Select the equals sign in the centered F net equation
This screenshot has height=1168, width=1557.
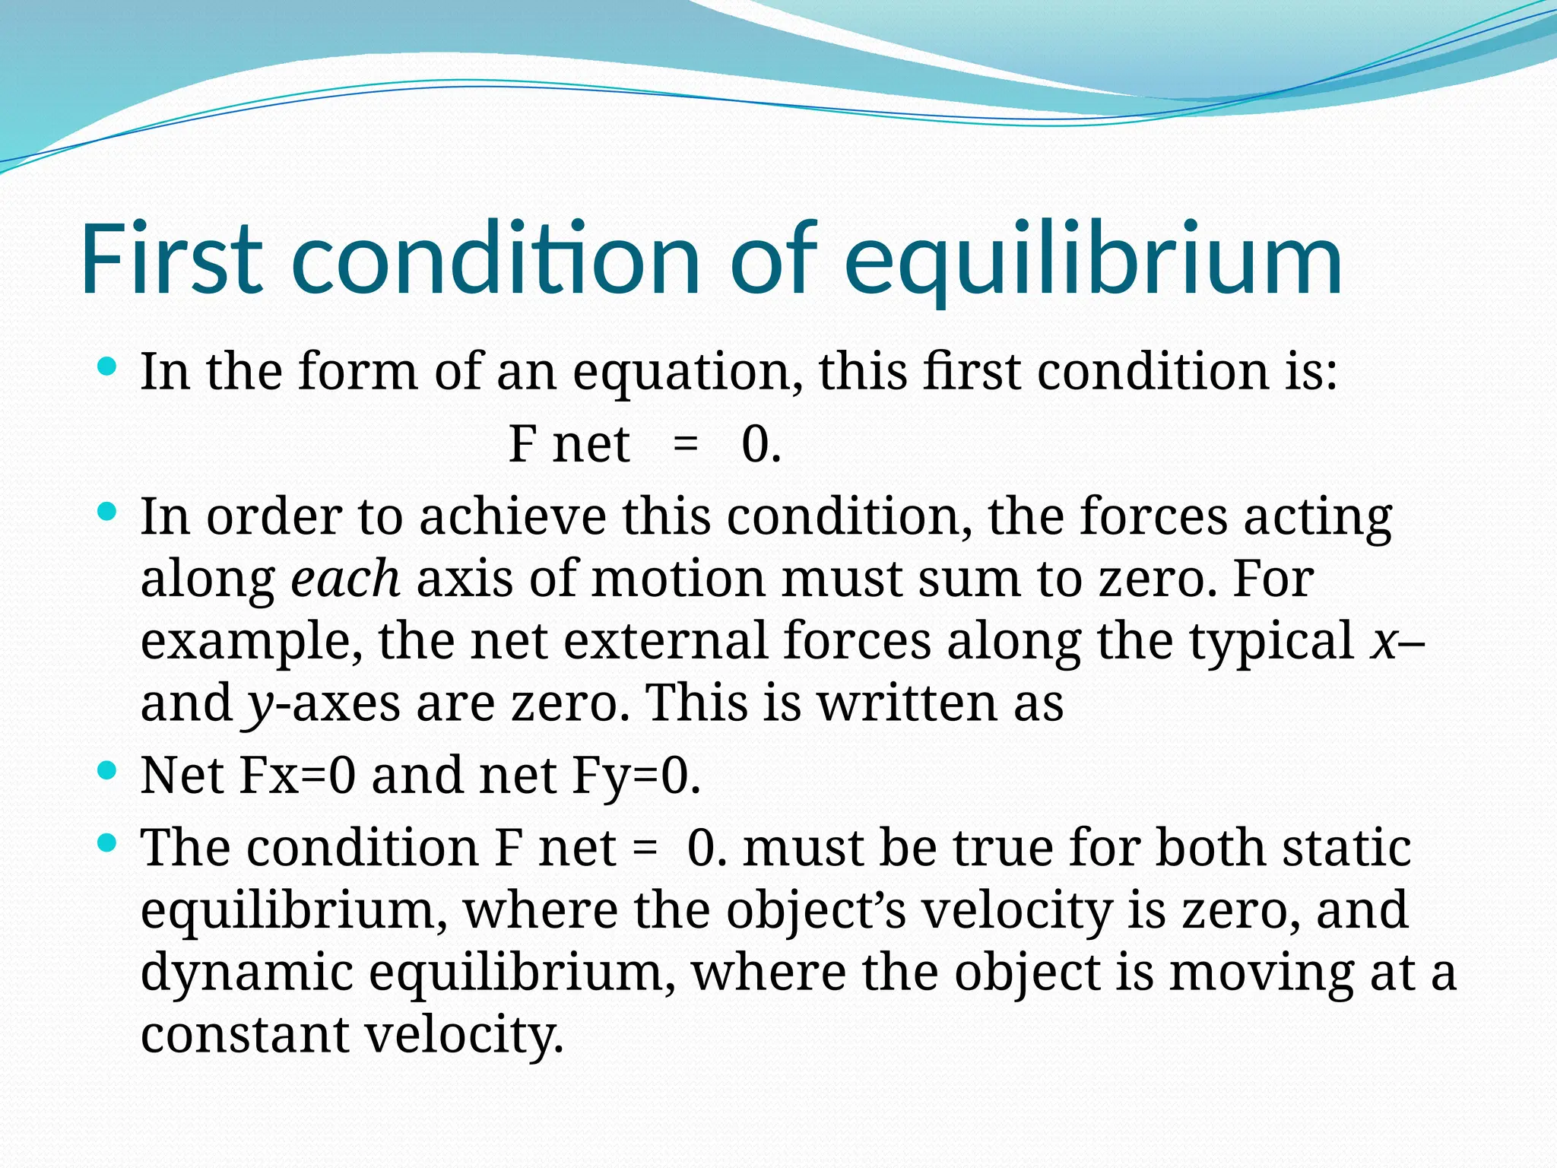pos(686,444)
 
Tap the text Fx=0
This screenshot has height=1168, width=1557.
pos(297,776)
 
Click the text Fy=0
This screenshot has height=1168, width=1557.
pos(636,776)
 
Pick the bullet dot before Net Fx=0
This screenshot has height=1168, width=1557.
pos(107,771)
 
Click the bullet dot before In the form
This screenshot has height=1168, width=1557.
pos(107,367)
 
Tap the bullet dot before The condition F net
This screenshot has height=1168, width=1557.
pos(107,843)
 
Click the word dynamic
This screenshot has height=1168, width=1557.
pos(247,973)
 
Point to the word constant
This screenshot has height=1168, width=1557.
pos(244,1034)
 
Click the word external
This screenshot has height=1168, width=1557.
pos(665,640)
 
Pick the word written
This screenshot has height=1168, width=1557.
pos(906,703)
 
